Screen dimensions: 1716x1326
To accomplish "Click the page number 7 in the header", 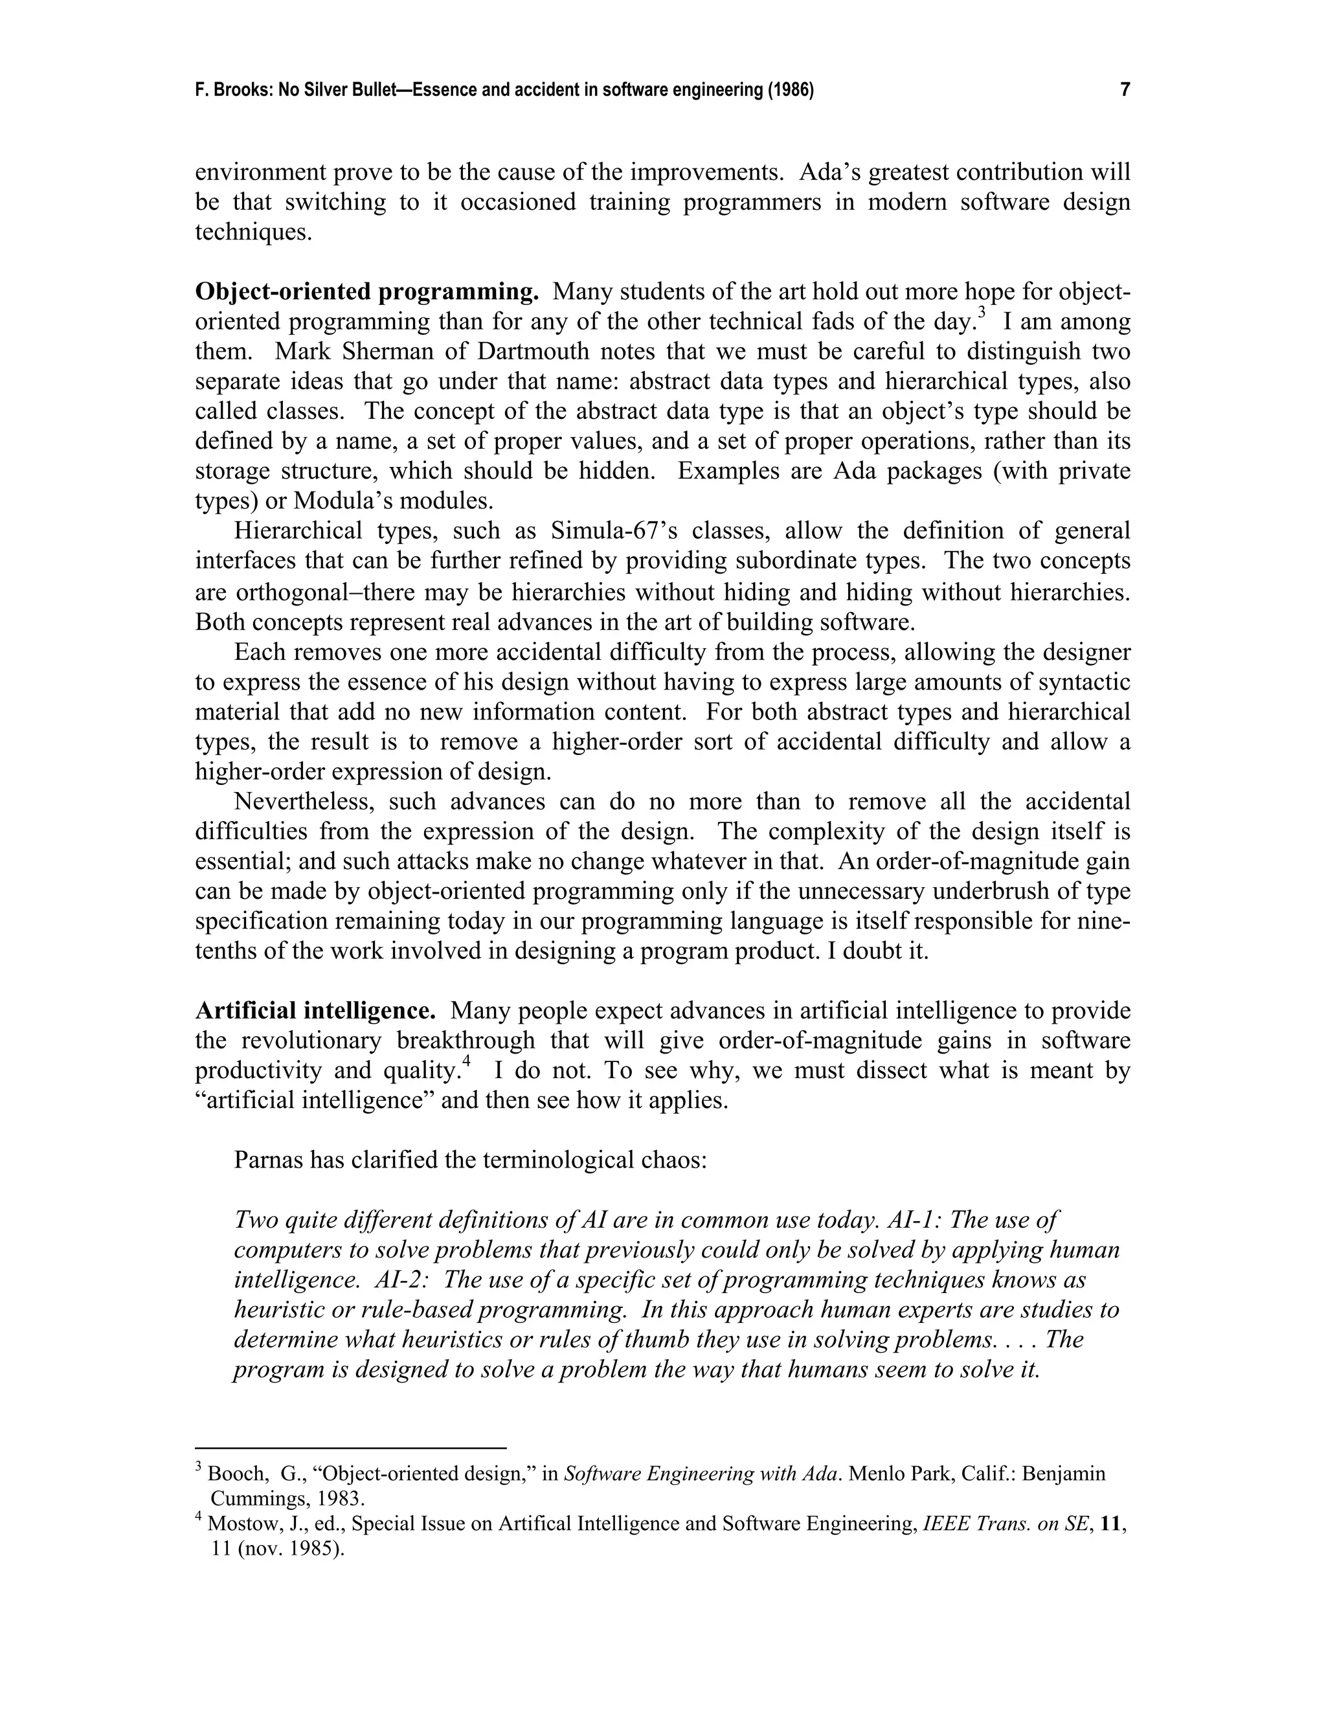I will pyautogui.click(x=1125, y=89).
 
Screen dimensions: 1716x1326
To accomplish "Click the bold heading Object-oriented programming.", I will pyautogui.click(x=367, y=291).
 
